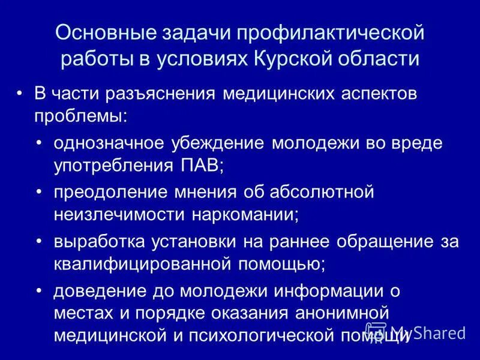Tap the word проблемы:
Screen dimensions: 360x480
pyautogui.click(x=80, y=116)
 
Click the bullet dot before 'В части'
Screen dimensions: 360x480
pyautogui.click(x=20, y=95)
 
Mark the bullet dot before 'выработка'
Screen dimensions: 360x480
pyautogui.click(x=40, y=242)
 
